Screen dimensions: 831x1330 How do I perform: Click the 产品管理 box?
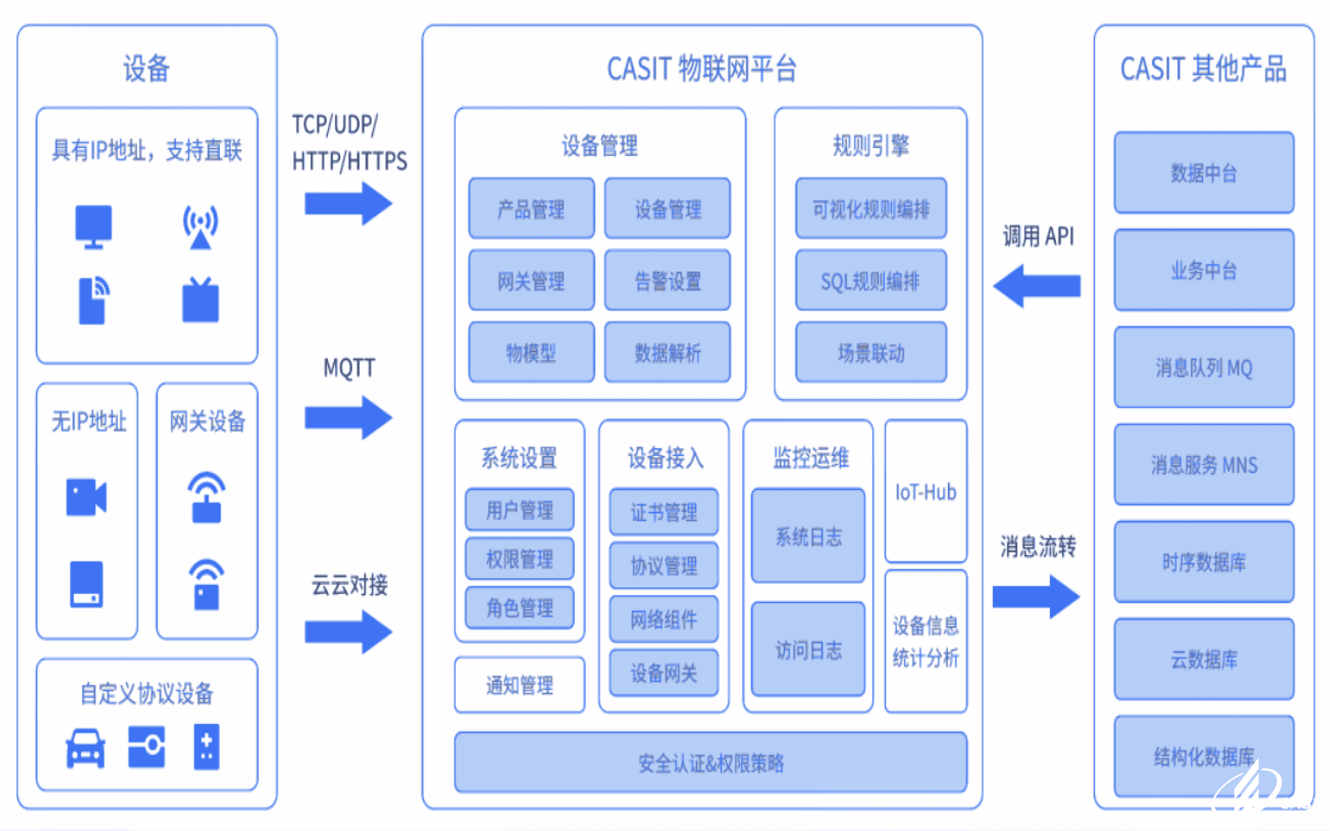click(x=531, y=208)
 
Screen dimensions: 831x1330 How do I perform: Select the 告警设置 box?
click(x=667, y=280)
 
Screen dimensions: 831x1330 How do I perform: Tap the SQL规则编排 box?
click(x=871, y=280)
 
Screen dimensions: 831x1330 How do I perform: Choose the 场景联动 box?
click(x=871, y=352)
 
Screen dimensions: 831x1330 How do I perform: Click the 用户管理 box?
click(x=519, y=510)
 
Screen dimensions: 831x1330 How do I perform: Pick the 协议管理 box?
click(x=664, y=566)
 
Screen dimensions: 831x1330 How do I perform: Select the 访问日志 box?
click(x=808, y=649)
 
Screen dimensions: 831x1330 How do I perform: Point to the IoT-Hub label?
click(x=926, y=492)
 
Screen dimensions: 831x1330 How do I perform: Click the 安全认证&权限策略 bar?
click(x=711, y=762)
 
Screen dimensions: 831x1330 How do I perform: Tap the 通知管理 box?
click(x=519, y=685)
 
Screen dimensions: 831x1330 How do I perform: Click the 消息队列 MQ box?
click(x=1204, y=368)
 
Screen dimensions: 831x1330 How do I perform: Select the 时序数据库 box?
click(x=1204, y=562)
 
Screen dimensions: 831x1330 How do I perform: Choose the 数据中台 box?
click(x=1204, y=173)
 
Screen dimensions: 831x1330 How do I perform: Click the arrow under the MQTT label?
click(x=349, y=417)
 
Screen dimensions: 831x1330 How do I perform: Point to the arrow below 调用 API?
click(x=1037, y=286)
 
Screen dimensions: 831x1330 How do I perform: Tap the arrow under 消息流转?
click(x=1037, y=597)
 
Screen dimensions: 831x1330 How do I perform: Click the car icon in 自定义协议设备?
click(x=85, y=748)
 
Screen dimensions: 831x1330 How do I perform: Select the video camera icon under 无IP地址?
click(x=86, y=497)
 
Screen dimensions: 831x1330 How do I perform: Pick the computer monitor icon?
click(x=93, y=227)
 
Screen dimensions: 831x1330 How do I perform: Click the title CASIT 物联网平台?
click(x=701, y=68)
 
